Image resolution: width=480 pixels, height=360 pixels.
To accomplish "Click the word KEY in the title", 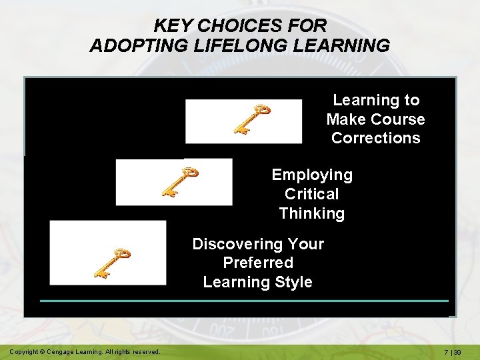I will click(173, 26).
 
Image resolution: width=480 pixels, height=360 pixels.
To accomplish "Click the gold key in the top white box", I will click(252, 119).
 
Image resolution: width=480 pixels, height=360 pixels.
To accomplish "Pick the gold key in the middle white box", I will click(180, 181).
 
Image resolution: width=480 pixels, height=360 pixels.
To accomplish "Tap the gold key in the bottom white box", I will click(112, 262).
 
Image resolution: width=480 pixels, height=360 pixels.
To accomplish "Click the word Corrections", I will click(375, 139).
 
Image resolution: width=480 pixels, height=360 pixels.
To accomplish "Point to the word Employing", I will click(312, 175).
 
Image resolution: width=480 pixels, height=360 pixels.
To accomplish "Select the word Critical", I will click(311, 195).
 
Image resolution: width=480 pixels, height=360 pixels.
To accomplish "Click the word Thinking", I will click(311, 214).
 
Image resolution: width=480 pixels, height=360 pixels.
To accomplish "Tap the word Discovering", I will click(258, 244).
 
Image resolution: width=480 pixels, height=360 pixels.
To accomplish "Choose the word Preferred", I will click(258, 263).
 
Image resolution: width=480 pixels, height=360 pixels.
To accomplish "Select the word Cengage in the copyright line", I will click(67, 351).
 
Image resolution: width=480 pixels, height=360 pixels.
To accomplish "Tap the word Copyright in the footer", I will click(25, 351).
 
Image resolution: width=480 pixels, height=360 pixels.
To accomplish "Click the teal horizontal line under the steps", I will click(243, 301).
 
